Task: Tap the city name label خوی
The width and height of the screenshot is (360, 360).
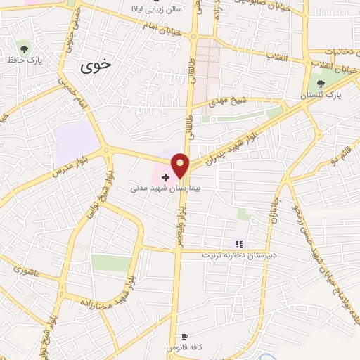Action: (96, 67)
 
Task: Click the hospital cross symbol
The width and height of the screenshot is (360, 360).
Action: (165, 176)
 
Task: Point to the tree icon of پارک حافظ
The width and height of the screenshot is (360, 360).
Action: (25, 49)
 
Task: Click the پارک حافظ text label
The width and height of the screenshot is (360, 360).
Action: (25, 60)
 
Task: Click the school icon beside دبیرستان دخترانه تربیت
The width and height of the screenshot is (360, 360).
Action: (239, 243)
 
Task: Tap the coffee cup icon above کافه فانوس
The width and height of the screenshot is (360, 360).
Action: (185, 337)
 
